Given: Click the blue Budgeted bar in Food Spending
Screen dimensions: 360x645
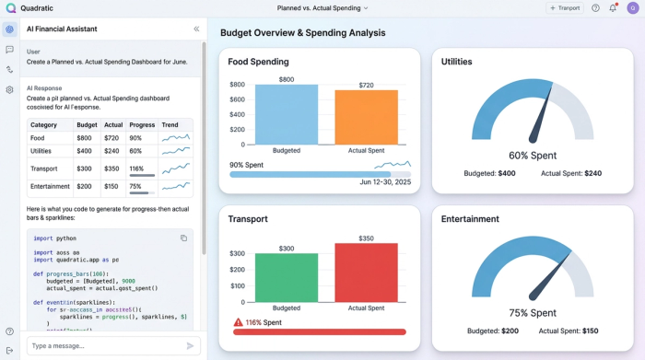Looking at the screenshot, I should point(287,114).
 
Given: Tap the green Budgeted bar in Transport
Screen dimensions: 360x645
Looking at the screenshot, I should point(287,277).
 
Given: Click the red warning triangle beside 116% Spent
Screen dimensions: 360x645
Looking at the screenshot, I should point(238,322).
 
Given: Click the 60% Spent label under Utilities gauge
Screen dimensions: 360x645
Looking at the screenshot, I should point(532,156).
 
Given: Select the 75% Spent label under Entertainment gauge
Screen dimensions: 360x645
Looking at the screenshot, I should point(532,312).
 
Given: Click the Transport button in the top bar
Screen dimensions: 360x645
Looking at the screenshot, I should point(564,8).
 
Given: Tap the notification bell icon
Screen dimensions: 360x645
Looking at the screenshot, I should point(613,8).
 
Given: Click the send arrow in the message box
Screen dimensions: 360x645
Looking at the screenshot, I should point(191,345).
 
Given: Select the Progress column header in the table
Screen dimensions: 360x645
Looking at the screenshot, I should point(142,124).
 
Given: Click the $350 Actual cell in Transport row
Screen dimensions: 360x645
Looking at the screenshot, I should point(112,168).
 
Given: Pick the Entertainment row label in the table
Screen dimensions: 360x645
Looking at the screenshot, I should point(50,186).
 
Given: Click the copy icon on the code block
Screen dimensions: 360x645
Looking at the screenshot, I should point(183,238).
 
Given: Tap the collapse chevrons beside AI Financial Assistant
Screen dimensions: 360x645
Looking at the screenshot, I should point(195,29).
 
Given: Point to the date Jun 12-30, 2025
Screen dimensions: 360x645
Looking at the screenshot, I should point(385,182).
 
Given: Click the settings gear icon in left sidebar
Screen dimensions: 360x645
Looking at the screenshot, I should point(9,89).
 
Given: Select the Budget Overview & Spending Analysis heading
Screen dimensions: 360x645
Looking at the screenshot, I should point(302,33).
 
